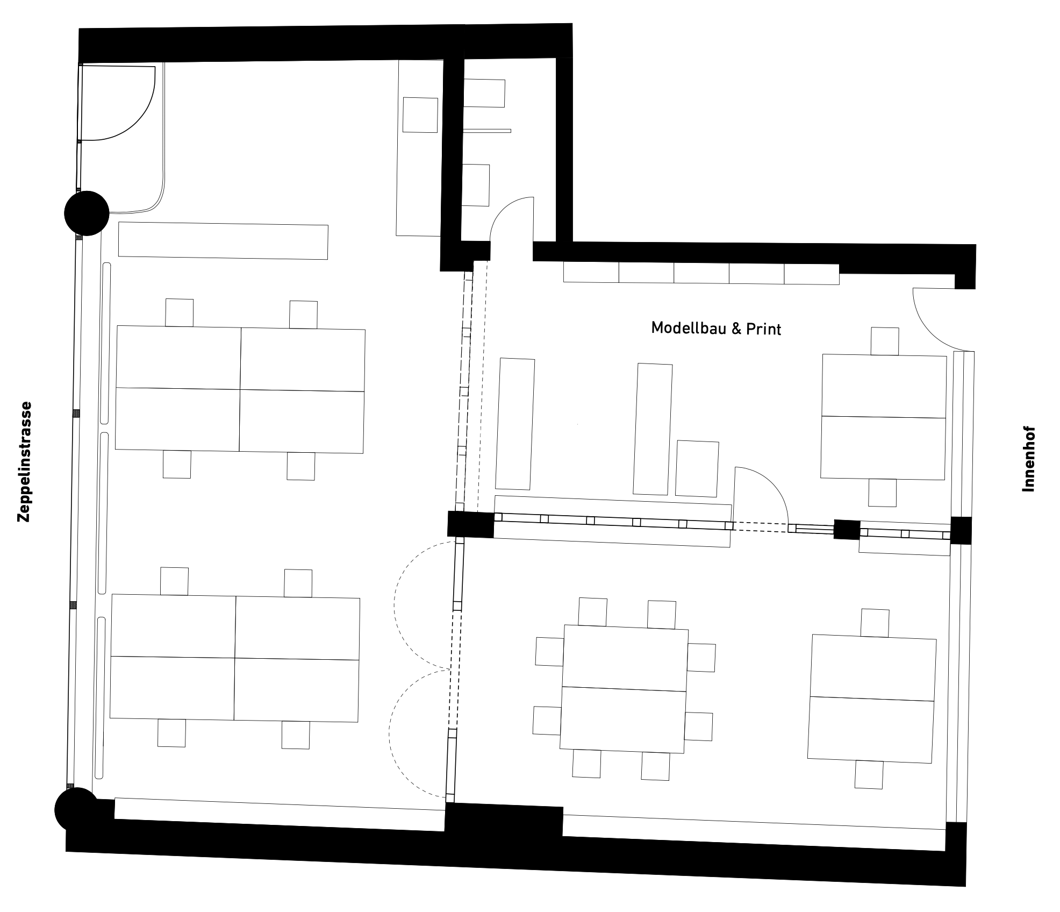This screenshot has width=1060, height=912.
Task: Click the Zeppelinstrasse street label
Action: pyautogui.click(x=25, y=462)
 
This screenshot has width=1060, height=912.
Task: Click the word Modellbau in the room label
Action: pyautogui.click(x=683, y=327)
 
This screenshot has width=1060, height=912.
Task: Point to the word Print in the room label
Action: pyautogui.click(x=763, y=329)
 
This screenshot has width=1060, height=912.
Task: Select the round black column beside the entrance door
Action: pyautogui.click(x=87, y=213)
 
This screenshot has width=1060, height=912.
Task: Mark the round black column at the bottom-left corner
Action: pyautogui.click(x=76, y=809)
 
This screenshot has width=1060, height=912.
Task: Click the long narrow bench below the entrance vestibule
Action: pyautogui.click(x=223, y=240)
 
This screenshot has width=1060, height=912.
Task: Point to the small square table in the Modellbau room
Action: pyautogui.click(x=697, y=468)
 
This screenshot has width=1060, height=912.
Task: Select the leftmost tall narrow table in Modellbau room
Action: pyautogui.click(x=515, y=424)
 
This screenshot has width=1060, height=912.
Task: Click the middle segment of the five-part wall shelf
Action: pyautogui.click(x=701, y=273)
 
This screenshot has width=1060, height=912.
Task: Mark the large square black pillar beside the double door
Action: pyautogui.click(x=471, y=524)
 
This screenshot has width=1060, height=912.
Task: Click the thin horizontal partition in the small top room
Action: pyautogui.click(x=487, y=131)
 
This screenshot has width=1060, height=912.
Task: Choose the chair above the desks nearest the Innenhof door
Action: pyautogui.click(x=885, y=341)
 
